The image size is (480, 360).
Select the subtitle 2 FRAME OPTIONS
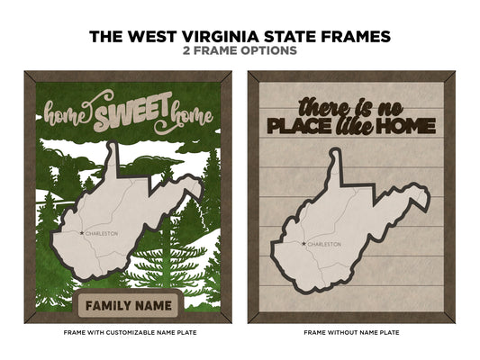click(x=240, y=52)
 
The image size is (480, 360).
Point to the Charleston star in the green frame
click(x=81, y=233)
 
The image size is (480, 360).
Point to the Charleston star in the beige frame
click(x=302, y=243)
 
